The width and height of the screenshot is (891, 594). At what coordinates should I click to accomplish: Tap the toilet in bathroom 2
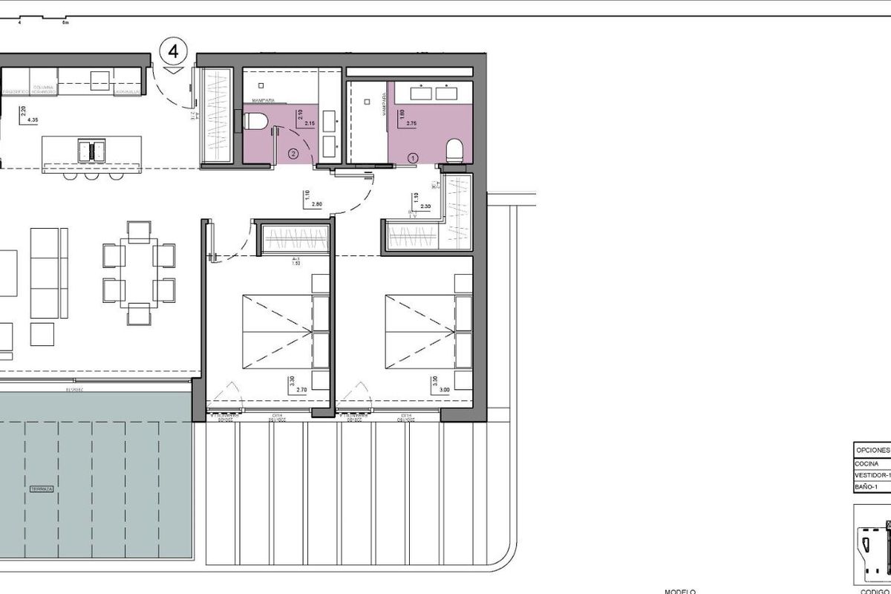click(255, 122)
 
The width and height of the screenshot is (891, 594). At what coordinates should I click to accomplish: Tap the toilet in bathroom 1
click(455, 150)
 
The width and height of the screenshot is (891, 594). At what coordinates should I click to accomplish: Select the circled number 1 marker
click(414, 157)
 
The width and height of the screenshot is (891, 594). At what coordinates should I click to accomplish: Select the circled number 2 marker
click(293, 154)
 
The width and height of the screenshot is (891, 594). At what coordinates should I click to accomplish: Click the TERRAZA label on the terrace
click(43, 490)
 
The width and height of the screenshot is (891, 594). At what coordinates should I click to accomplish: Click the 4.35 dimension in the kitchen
click(32, 119)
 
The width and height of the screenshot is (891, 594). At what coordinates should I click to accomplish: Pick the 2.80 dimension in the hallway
click(316, 203)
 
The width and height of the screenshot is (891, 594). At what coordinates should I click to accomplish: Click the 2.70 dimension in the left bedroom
click(301, 389)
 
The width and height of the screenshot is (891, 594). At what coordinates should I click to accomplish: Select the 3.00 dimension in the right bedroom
click(444, 389)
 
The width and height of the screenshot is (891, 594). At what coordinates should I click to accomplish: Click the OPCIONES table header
click(871, 450)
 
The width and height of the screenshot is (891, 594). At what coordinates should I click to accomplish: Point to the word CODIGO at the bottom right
click(874, 591)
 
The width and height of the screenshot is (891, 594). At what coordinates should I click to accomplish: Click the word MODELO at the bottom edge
click(679, 591)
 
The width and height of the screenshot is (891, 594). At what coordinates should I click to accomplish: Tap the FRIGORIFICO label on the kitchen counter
click(17, 91)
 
